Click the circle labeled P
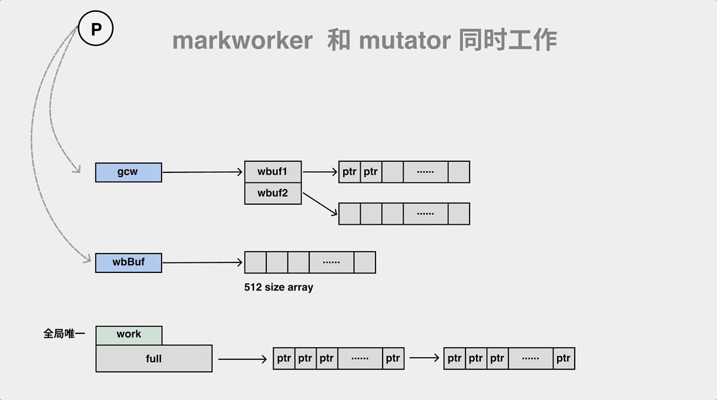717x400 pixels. click(x=95, y=28)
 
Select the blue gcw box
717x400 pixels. click(x=128, y=172)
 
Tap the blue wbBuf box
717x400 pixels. click(x=128, y=262)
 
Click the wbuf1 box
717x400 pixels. click(x=273, y=172)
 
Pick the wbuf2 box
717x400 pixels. click(x=273, y=193)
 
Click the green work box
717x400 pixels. click(x=129, y=335)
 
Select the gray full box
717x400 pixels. click(x=153, y=358)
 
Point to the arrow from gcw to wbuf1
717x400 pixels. click(x=202, y=172)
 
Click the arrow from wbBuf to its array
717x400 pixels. click(x=202, y=262)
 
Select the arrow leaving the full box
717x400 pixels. click(x=242, y=359)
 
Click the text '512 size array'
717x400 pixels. click(x=279, y=287)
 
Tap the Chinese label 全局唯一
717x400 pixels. click(x=64, y=334)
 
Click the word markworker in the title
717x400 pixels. click(x=242, y=41)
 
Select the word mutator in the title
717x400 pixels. click(x=404, y=41)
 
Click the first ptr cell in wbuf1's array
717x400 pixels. click(x=350, y=172)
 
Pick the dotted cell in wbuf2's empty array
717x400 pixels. click(x=425, y=214)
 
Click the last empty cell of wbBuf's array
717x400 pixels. click(x=364, y=262)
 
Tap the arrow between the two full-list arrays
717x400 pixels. click(x=424, y=358)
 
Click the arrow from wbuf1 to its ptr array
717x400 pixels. click(x=320, y=172)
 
